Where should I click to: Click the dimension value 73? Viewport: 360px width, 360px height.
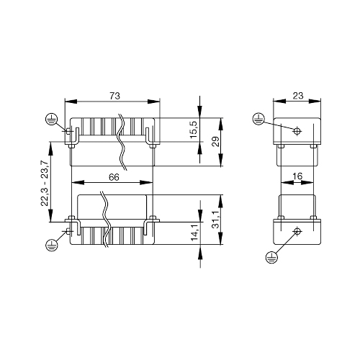[114, 96]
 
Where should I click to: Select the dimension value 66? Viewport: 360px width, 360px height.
[114, 177]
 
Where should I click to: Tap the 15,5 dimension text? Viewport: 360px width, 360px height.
[194, 130]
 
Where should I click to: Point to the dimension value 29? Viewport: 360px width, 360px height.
[215, 142]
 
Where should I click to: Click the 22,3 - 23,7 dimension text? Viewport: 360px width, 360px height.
[45, 183]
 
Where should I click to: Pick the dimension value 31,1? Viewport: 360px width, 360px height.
[216, 220]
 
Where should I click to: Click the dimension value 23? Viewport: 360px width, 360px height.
[298, 96]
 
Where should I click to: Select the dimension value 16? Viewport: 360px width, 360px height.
[297, 176]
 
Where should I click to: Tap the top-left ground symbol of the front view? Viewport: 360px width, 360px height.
[51, 120]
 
